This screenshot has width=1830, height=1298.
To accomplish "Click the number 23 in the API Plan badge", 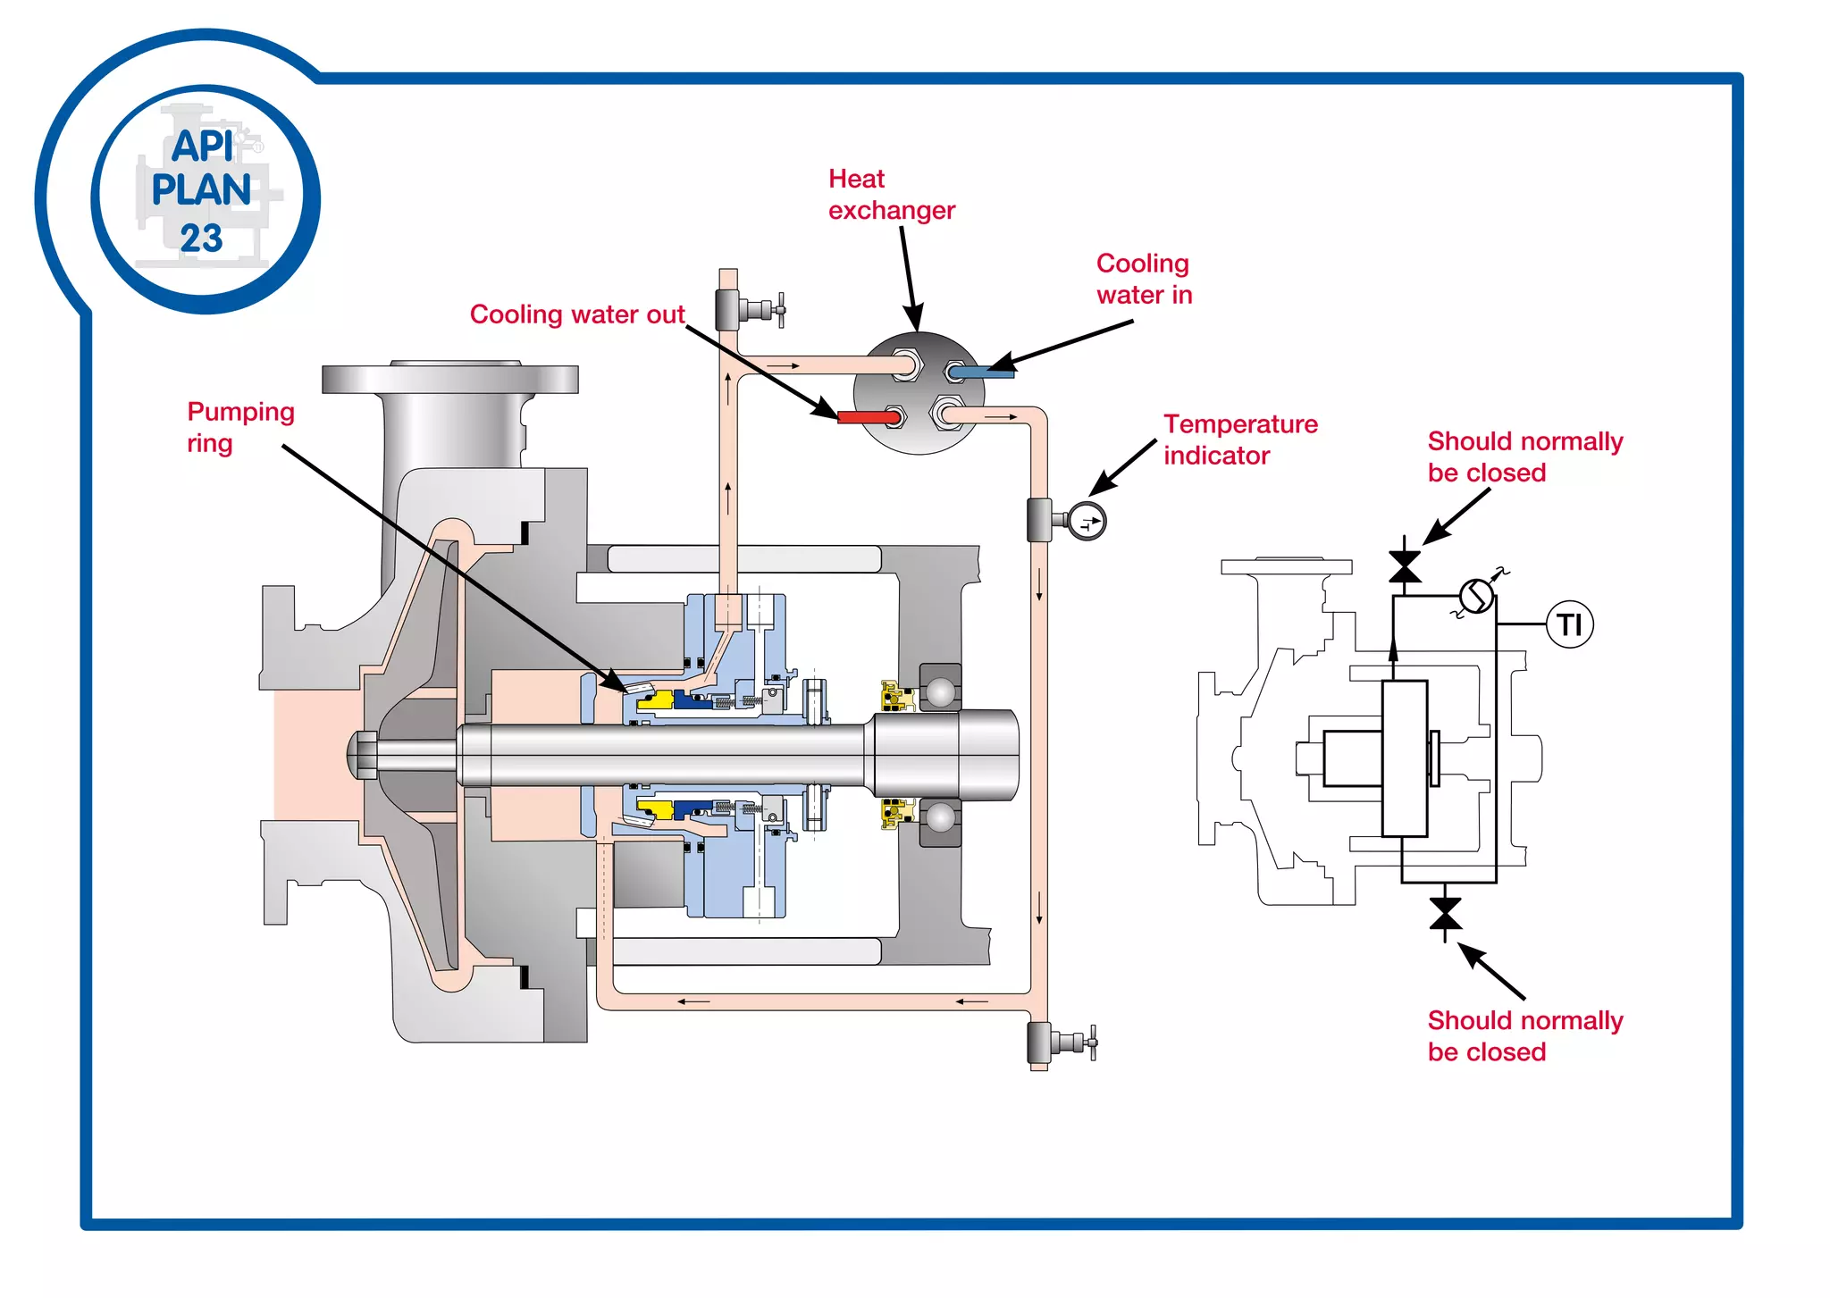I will coord(201,239).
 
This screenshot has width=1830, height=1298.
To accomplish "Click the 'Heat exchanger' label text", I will coord(891,195).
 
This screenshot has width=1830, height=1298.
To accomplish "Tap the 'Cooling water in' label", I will coord(1144,279).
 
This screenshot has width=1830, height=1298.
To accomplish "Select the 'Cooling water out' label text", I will coord(576,314).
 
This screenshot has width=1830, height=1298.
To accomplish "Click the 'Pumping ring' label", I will coord(239,427).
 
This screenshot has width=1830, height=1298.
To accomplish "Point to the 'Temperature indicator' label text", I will coord(1239,440).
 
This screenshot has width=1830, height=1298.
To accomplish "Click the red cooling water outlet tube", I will coord(867,416).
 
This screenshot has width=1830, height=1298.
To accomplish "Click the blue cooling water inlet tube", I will coord(983,372).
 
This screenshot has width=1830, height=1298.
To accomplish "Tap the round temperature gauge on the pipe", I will coord(1087,522).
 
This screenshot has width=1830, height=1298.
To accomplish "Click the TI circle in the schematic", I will coord(1570,624).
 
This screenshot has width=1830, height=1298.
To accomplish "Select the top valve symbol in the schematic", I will coord(1405,566).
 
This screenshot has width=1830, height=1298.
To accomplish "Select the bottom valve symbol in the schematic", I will coord(1445,914).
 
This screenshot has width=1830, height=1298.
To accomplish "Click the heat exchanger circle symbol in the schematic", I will coord(1476,595).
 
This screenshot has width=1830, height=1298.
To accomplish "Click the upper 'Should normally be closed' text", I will coord(1524,456).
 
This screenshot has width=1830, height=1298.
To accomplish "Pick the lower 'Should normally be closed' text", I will coord(1524,1035).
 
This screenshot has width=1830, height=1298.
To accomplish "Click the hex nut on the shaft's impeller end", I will coord(361,755).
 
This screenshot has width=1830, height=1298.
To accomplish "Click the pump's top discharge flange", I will coord(449,379).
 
